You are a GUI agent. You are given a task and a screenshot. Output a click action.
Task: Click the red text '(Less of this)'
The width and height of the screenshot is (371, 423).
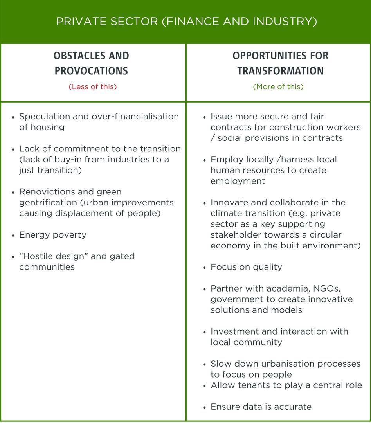(93, 87)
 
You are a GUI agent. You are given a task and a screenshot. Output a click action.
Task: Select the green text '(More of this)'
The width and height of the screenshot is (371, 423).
(278, 87)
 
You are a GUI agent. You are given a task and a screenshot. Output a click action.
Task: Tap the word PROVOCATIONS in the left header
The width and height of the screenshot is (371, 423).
(91, 71)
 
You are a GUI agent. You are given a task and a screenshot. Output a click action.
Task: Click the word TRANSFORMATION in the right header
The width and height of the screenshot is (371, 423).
(280, 71)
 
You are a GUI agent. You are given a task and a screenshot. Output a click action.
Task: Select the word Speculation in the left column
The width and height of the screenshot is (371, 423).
(44, 117)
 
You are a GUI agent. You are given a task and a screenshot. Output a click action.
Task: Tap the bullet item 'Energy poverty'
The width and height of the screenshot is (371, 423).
(52, 235)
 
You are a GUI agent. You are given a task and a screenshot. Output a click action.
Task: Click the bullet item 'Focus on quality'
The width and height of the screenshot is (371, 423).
(246, 267)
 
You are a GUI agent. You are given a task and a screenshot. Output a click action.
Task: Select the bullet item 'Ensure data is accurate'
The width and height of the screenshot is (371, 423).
(261, 407)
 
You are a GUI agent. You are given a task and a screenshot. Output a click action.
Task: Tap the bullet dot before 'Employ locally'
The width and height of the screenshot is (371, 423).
(205, 160)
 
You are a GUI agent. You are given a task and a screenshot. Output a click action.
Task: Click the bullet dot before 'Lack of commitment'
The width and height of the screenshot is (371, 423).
(14, 149)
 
